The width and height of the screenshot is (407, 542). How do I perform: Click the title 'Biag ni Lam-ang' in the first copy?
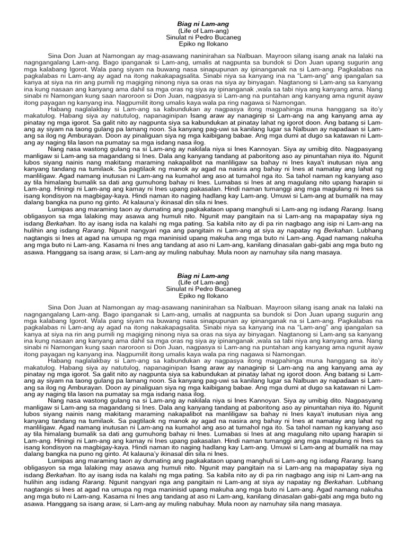tap(203, 24)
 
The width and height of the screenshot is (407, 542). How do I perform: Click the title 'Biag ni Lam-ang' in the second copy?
tap(203, 276)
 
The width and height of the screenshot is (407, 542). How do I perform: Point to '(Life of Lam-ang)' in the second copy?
tap(203, 283)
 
